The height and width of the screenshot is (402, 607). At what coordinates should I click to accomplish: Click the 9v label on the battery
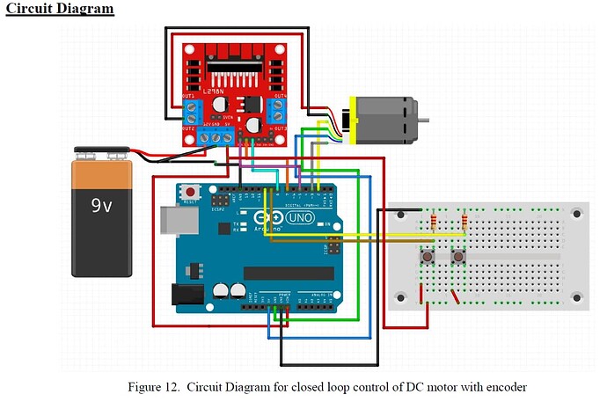[x=101, y=207]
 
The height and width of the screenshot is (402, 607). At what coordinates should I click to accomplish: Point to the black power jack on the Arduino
[x=185, y=295]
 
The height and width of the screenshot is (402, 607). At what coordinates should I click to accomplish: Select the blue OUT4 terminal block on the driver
[x=279, y=110]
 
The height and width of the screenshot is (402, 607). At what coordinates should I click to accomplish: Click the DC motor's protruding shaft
[x=424, y=120]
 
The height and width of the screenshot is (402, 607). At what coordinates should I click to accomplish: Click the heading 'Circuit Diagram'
[x=58, y=9]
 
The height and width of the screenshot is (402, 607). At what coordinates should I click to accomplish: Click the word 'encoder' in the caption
[x=506, y=387]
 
